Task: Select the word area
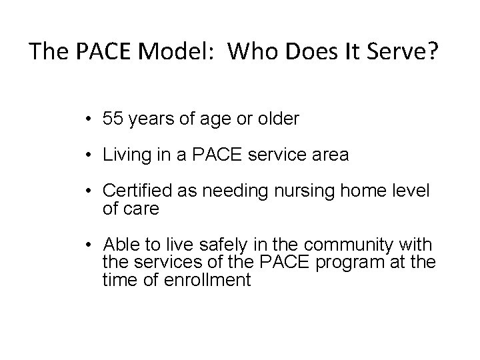330,155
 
